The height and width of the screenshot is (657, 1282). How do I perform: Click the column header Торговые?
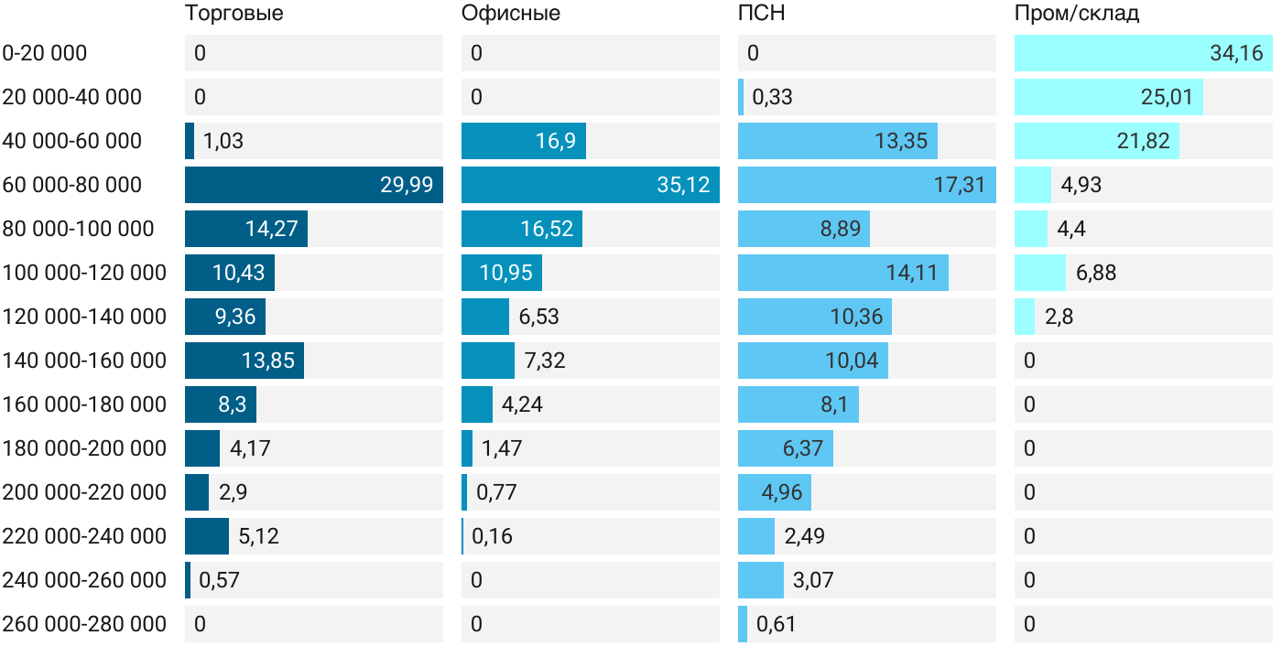[x=234, y=14]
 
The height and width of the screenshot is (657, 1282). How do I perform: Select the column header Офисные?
[x=511, y=14]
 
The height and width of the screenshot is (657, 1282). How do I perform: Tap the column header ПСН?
[x=762, y=14]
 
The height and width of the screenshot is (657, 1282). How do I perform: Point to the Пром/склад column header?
[x=1077, y=14]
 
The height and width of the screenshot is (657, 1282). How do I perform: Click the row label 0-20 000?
[x=45, y=53]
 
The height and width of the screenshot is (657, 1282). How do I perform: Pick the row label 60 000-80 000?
[x=72, y=185]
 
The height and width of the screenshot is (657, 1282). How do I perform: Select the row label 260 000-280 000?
[x=84, y=624]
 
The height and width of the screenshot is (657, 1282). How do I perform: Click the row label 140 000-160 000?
[x=84, y=361]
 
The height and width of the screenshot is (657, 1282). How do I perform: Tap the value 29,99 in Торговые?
[x=407, y=185]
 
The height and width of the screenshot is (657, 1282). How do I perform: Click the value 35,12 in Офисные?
[x=683, y=185]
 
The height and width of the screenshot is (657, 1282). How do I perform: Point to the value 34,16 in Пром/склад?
[x=1236, y=53]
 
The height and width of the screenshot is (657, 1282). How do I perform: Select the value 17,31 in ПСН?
[x=959, y=185]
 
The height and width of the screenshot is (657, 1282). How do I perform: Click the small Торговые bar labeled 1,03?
[x=190, y=141]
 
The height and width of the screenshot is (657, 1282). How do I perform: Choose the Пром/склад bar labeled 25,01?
[x=1108, y=97]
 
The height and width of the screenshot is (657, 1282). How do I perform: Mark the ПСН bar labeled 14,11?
[x=842, y=273]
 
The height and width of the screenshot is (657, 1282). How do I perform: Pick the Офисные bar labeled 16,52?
[x=521, y=229]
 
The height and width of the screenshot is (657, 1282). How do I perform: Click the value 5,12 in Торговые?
[x=258, y=536]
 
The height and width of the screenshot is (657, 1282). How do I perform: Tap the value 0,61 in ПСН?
[x=776, y=624]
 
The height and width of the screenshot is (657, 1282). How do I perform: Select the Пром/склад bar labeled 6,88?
[x=1039, y=273]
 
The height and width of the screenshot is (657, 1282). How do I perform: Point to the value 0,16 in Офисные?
[x=493, y=536]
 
